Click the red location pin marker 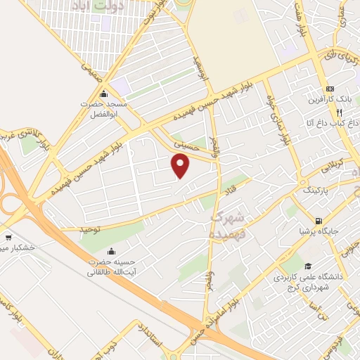click(181, 167)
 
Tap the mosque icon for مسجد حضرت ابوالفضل click(104, 94)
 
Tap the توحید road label click(90, 229)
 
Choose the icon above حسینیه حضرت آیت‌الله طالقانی click(110, 250)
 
